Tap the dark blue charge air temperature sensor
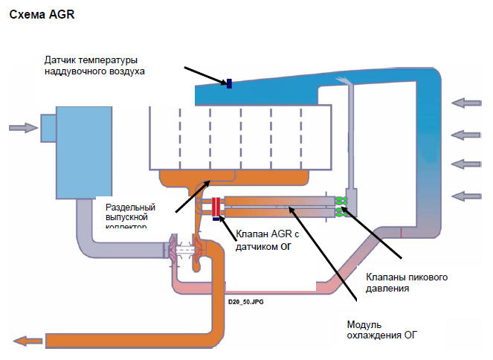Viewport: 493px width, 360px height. pyautogui.click(x=229, y=83)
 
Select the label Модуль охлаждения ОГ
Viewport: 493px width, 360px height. pyautogui.click(x=382, y=330)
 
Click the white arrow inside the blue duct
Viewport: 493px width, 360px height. pyautogui.click(x=347, y=82)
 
